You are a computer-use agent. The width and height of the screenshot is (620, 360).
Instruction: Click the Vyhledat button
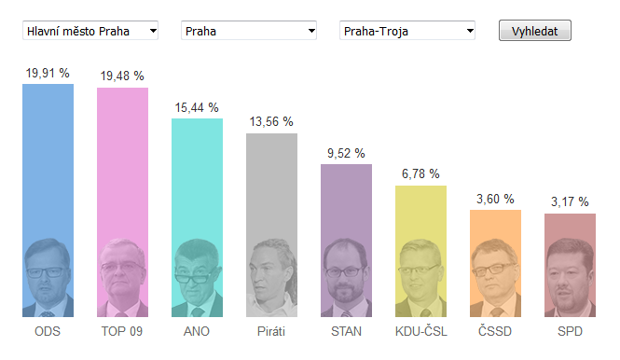tap(534, 31)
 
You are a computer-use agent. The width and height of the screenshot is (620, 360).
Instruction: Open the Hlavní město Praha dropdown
tap(90, 31)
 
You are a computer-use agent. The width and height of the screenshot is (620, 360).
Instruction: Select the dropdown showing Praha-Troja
tap(407, 31)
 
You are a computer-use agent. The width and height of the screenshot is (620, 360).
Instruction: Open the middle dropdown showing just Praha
tap(249, 31)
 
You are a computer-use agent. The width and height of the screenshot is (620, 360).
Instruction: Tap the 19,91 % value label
tap(48, 73)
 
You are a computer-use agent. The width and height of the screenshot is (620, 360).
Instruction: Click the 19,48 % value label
tap(122, 76)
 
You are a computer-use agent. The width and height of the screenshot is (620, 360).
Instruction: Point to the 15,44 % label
tap(197, 107)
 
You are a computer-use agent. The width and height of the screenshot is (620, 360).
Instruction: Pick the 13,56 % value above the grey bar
tap(271, 122)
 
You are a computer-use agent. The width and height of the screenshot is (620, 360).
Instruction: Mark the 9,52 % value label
tap(346, 154)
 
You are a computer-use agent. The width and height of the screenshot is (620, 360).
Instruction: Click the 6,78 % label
tap(420, 173)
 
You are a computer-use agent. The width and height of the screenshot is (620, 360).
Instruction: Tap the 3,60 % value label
tap(495, 199)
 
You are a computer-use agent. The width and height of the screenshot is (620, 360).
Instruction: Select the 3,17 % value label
tap(570, 201)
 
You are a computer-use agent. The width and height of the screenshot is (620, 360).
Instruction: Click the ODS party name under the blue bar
tap(48, 331)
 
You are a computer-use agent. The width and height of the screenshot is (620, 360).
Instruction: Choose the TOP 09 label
tap(122, 331)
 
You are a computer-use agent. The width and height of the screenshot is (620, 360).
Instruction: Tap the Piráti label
tap(271, 331)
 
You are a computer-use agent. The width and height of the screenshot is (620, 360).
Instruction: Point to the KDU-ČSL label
tap(421, 331)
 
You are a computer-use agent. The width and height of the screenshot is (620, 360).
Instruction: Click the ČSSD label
tap(495, 331)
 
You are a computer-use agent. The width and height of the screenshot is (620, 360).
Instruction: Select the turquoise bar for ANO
tap(197, 217)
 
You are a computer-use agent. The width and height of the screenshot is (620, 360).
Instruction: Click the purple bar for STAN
tap(347, 241)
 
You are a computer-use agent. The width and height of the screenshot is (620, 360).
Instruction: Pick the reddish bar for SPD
tap(570, 265)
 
